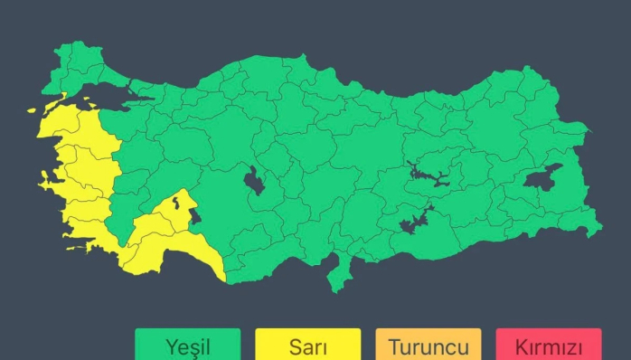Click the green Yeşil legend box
(188, 345)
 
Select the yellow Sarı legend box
(307, 345)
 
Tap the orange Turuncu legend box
(428, 345)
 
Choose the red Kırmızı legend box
(548, 345)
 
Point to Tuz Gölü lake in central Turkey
(255, 181)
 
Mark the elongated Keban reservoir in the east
(429, 174)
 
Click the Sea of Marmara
(108, 93)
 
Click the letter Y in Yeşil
(171, 346)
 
